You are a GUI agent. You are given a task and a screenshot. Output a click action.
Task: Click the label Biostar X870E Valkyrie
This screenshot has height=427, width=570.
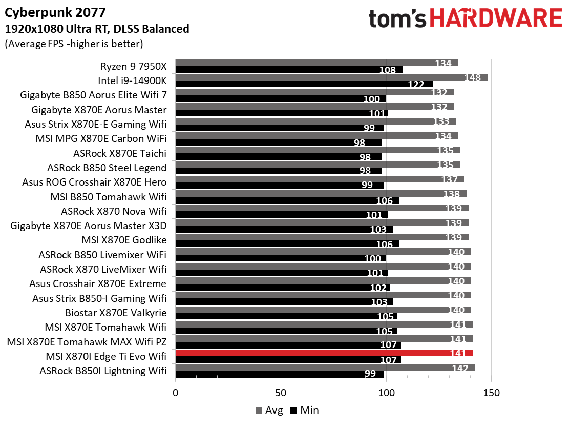116,313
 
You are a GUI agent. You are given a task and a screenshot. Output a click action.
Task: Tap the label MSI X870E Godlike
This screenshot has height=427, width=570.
124,240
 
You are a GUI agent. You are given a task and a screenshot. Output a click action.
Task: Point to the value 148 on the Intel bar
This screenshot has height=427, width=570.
472,78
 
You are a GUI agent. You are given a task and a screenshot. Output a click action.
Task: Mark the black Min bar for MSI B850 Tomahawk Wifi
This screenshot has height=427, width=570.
287,200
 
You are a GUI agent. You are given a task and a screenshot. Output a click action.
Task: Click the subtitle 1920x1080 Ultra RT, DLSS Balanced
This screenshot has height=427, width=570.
97,29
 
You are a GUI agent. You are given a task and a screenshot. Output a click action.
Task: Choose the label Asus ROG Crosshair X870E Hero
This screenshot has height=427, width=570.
94,182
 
